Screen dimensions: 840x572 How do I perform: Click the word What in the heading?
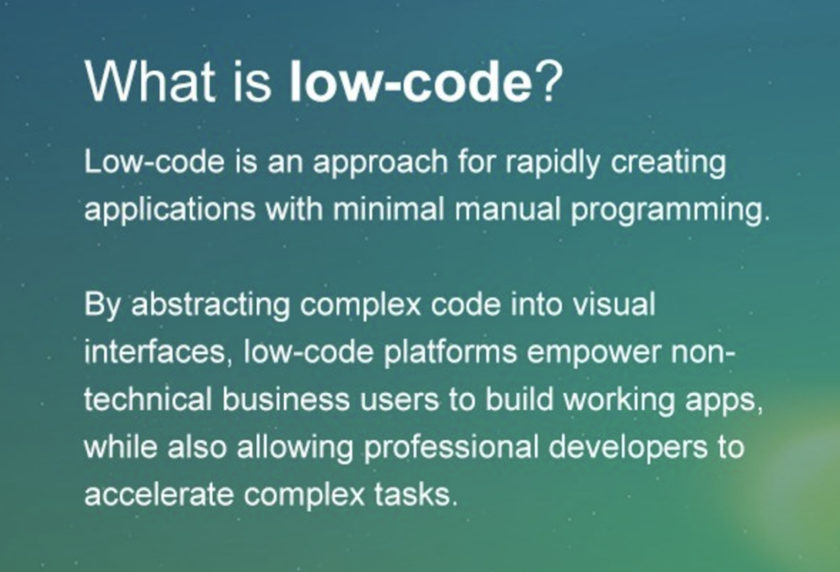(x=149, y=81)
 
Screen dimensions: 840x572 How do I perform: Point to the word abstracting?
(x=211, y=305)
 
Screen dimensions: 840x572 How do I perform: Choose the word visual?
(x=614, y=304)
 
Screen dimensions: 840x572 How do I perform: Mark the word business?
(x=285, y=400)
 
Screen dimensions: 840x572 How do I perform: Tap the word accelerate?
(x=159, y=494)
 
